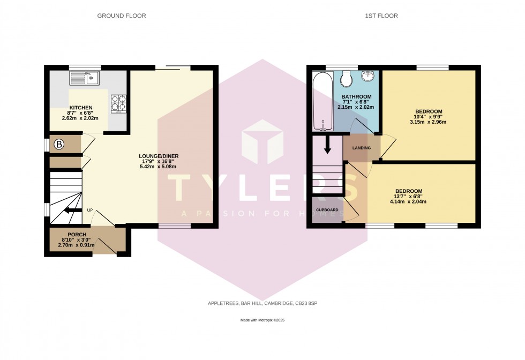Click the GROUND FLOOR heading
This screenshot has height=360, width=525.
121,16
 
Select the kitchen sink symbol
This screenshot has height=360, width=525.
85,79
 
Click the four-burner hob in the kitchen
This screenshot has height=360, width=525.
118,102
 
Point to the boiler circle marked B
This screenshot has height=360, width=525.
59,144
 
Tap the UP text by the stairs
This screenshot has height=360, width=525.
91,210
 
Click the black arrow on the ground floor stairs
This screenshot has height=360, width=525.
70,210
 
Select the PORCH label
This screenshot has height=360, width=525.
76,235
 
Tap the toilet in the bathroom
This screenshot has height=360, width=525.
346,79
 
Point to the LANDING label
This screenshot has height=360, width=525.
361,148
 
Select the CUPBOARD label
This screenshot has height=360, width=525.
327,209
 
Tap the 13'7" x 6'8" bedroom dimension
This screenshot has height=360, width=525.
409,197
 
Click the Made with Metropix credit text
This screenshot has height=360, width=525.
262,320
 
